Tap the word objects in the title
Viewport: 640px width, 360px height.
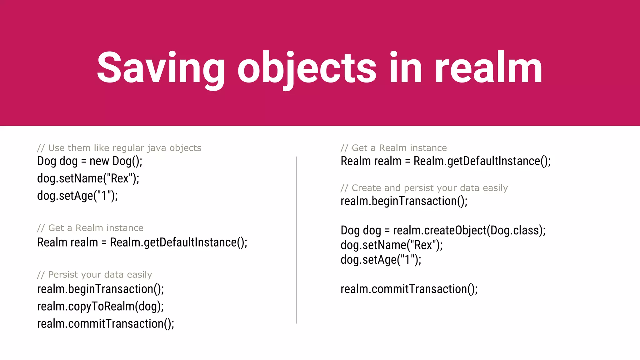click(x=307, y=68)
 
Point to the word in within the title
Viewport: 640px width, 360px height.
click(x=406, y=68)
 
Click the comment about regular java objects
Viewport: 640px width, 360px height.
click(x=119, y=148)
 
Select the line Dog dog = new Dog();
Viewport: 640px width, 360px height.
click(x=90, y=161)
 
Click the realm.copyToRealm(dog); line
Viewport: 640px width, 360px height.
click(x=100, y=306)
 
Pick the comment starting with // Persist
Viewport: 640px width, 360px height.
click(x=94, y=275)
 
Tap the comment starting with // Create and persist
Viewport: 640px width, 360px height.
click(x=424, y=188)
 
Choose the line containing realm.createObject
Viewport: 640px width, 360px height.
click(x=443, y=230)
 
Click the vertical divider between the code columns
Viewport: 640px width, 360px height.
click(x=296, y=240)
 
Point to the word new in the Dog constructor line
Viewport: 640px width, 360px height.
click(x=99, y=161)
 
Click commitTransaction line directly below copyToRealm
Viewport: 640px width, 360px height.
click(x=106, y=323)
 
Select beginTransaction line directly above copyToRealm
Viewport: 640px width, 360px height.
click(x=100, y=289)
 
